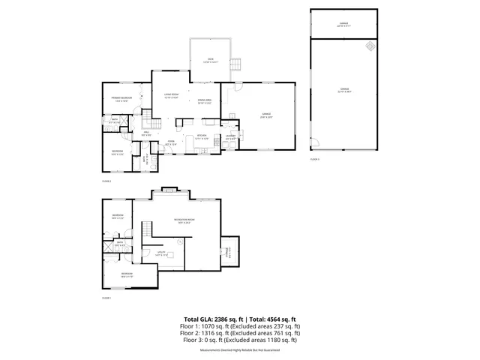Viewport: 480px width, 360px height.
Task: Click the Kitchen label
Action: click(x=202, y=137)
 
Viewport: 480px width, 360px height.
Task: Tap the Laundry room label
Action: click(x=231, y=137)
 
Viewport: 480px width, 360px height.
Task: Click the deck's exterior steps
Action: click(x=235, y=64)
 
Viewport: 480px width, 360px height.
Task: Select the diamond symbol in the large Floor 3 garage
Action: click(x=369, y=46)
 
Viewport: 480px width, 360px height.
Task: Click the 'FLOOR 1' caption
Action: click(x=106, y=298)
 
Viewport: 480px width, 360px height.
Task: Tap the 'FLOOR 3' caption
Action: click(x=314, y=160)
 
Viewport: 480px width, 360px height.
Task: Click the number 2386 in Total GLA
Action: click(x=223, y=319)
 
